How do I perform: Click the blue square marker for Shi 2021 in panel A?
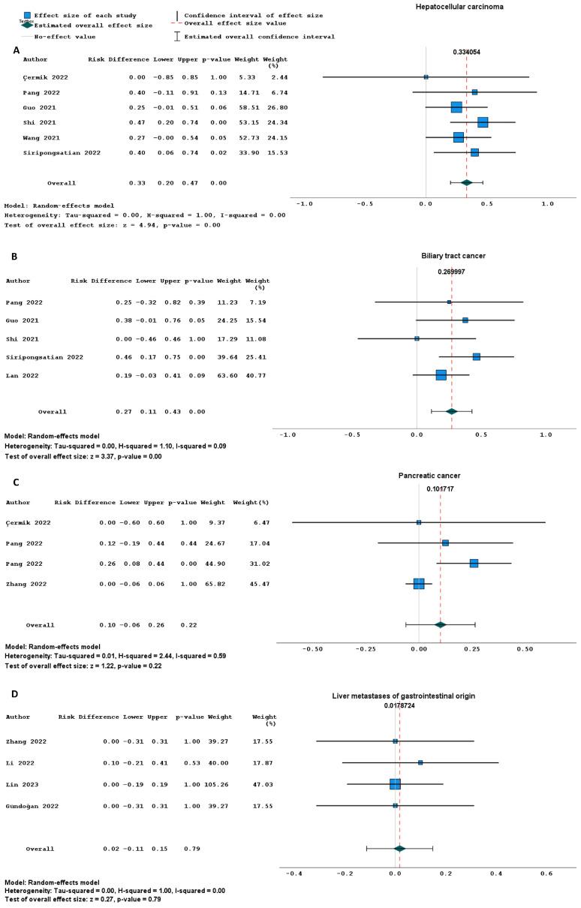pyautogui.click(x=483, y=122)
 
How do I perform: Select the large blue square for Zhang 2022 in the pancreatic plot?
pyautogui.click(x=419, y=584)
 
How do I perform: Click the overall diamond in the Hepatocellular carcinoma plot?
pyautogui.click(x=467, y=182)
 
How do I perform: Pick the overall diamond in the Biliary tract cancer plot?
pyautogui.click(x=451, y=411)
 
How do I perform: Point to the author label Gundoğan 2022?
pyautogui.click(x=30, y=805)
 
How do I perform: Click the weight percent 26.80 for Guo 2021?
pyautogui.click(x=279, y=107)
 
